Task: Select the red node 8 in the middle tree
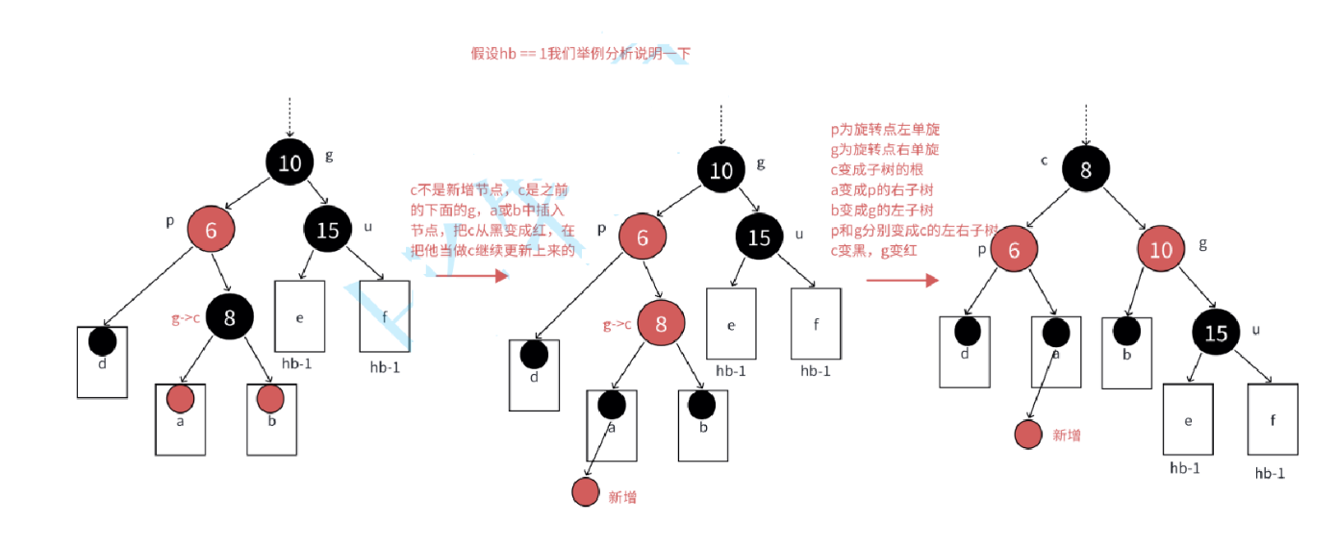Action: pos(661,324)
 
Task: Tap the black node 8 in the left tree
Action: pos(229,316)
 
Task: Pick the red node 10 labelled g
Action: pos(1163,251)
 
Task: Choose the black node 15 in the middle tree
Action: pos(760,237)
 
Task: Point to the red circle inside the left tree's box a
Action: pos(180,398)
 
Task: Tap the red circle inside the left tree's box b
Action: pos(270,397)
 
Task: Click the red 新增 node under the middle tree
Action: pos(586,492)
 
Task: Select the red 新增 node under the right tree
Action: pos(1029,434)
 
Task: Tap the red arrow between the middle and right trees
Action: pos(901,280)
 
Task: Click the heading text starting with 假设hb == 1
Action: pos(580,54)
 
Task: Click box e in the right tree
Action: pos(1188,419)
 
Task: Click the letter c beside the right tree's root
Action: pos(1045,160)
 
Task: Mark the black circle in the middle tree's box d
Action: pos(534,355)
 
